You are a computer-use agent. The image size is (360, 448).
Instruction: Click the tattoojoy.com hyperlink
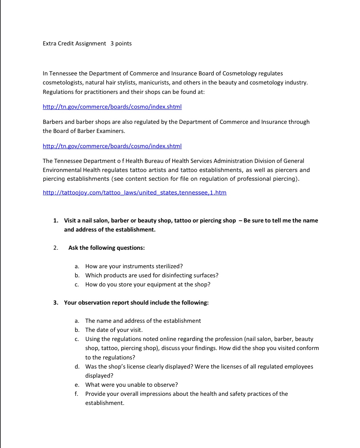pos(135,193)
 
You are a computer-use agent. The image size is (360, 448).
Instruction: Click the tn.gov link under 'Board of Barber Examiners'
pos(112,146)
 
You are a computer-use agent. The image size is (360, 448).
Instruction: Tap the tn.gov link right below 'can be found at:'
pos(112,107)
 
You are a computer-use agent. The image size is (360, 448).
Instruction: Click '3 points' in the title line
pos(121,43)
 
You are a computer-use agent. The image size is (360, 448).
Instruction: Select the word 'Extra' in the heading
pos(49,43)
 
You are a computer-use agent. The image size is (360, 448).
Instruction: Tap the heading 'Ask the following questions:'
pos(106,248)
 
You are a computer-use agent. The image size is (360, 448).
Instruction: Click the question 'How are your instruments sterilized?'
pos(134,266)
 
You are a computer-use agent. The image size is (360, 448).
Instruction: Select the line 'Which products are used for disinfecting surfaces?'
pos(152,275)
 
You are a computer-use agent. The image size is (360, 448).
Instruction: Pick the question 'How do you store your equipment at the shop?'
pos(148,284)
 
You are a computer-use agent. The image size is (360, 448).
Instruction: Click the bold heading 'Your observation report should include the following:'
pos(136,303)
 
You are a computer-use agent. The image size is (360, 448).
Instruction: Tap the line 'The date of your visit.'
pos(114,330)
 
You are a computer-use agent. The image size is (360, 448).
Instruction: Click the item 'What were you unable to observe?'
pos(132,385)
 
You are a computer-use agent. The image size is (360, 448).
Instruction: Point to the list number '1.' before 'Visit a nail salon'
pos(56,220)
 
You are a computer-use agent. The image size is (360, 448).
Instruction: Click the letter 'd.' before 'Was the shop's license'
pos(77,367)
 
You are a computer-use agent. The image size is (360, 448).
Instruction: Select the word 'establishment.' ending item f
pos(105,403)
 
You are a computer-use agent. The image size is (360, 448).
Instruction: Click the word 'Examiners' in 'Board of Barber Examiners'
pos(111,131)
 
